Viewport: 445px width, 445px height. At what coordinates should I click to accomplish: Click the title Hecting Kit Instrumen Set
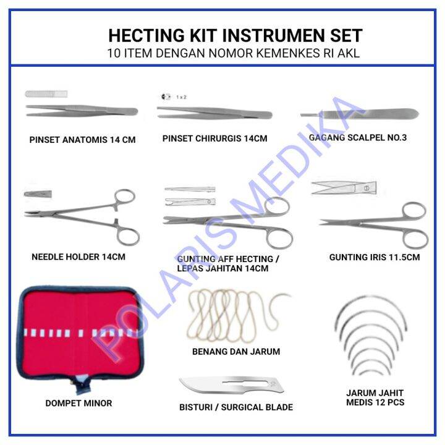[x=235, y=35]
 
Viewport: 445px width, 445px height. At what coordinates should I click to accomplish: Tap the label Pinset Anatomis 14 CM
[x=82, y=140]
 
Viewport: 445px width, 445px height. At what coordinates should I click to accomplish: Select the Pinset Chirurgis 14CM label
[x=214, y=138]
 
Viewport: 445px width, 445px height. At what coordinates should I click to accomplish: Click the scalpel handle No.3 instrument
[x=359, y=114]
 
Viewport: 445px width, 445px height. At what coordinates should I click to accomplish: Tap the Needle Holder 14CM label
[x=78, y=256]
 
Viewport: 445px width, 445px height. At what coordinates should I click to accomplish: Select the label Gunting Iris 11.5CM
[x=374, y=256]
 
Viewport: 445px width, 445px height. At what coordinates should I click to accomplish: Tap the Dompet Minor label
[x=78, y=403]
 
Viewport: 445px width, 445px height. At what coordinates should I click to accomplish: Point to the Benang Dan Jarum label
[x=235, y=352]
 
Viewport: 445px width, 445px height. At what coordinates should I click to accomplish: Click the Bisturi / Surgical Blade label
[x=235, y=407]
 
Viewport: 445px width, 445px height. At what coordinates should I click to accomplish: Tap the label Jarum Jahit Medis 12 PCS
[x=375, y=397]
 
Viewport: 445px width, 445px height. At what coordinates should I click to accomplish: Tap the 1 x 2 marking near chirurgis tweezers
[x=182, y=97]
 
